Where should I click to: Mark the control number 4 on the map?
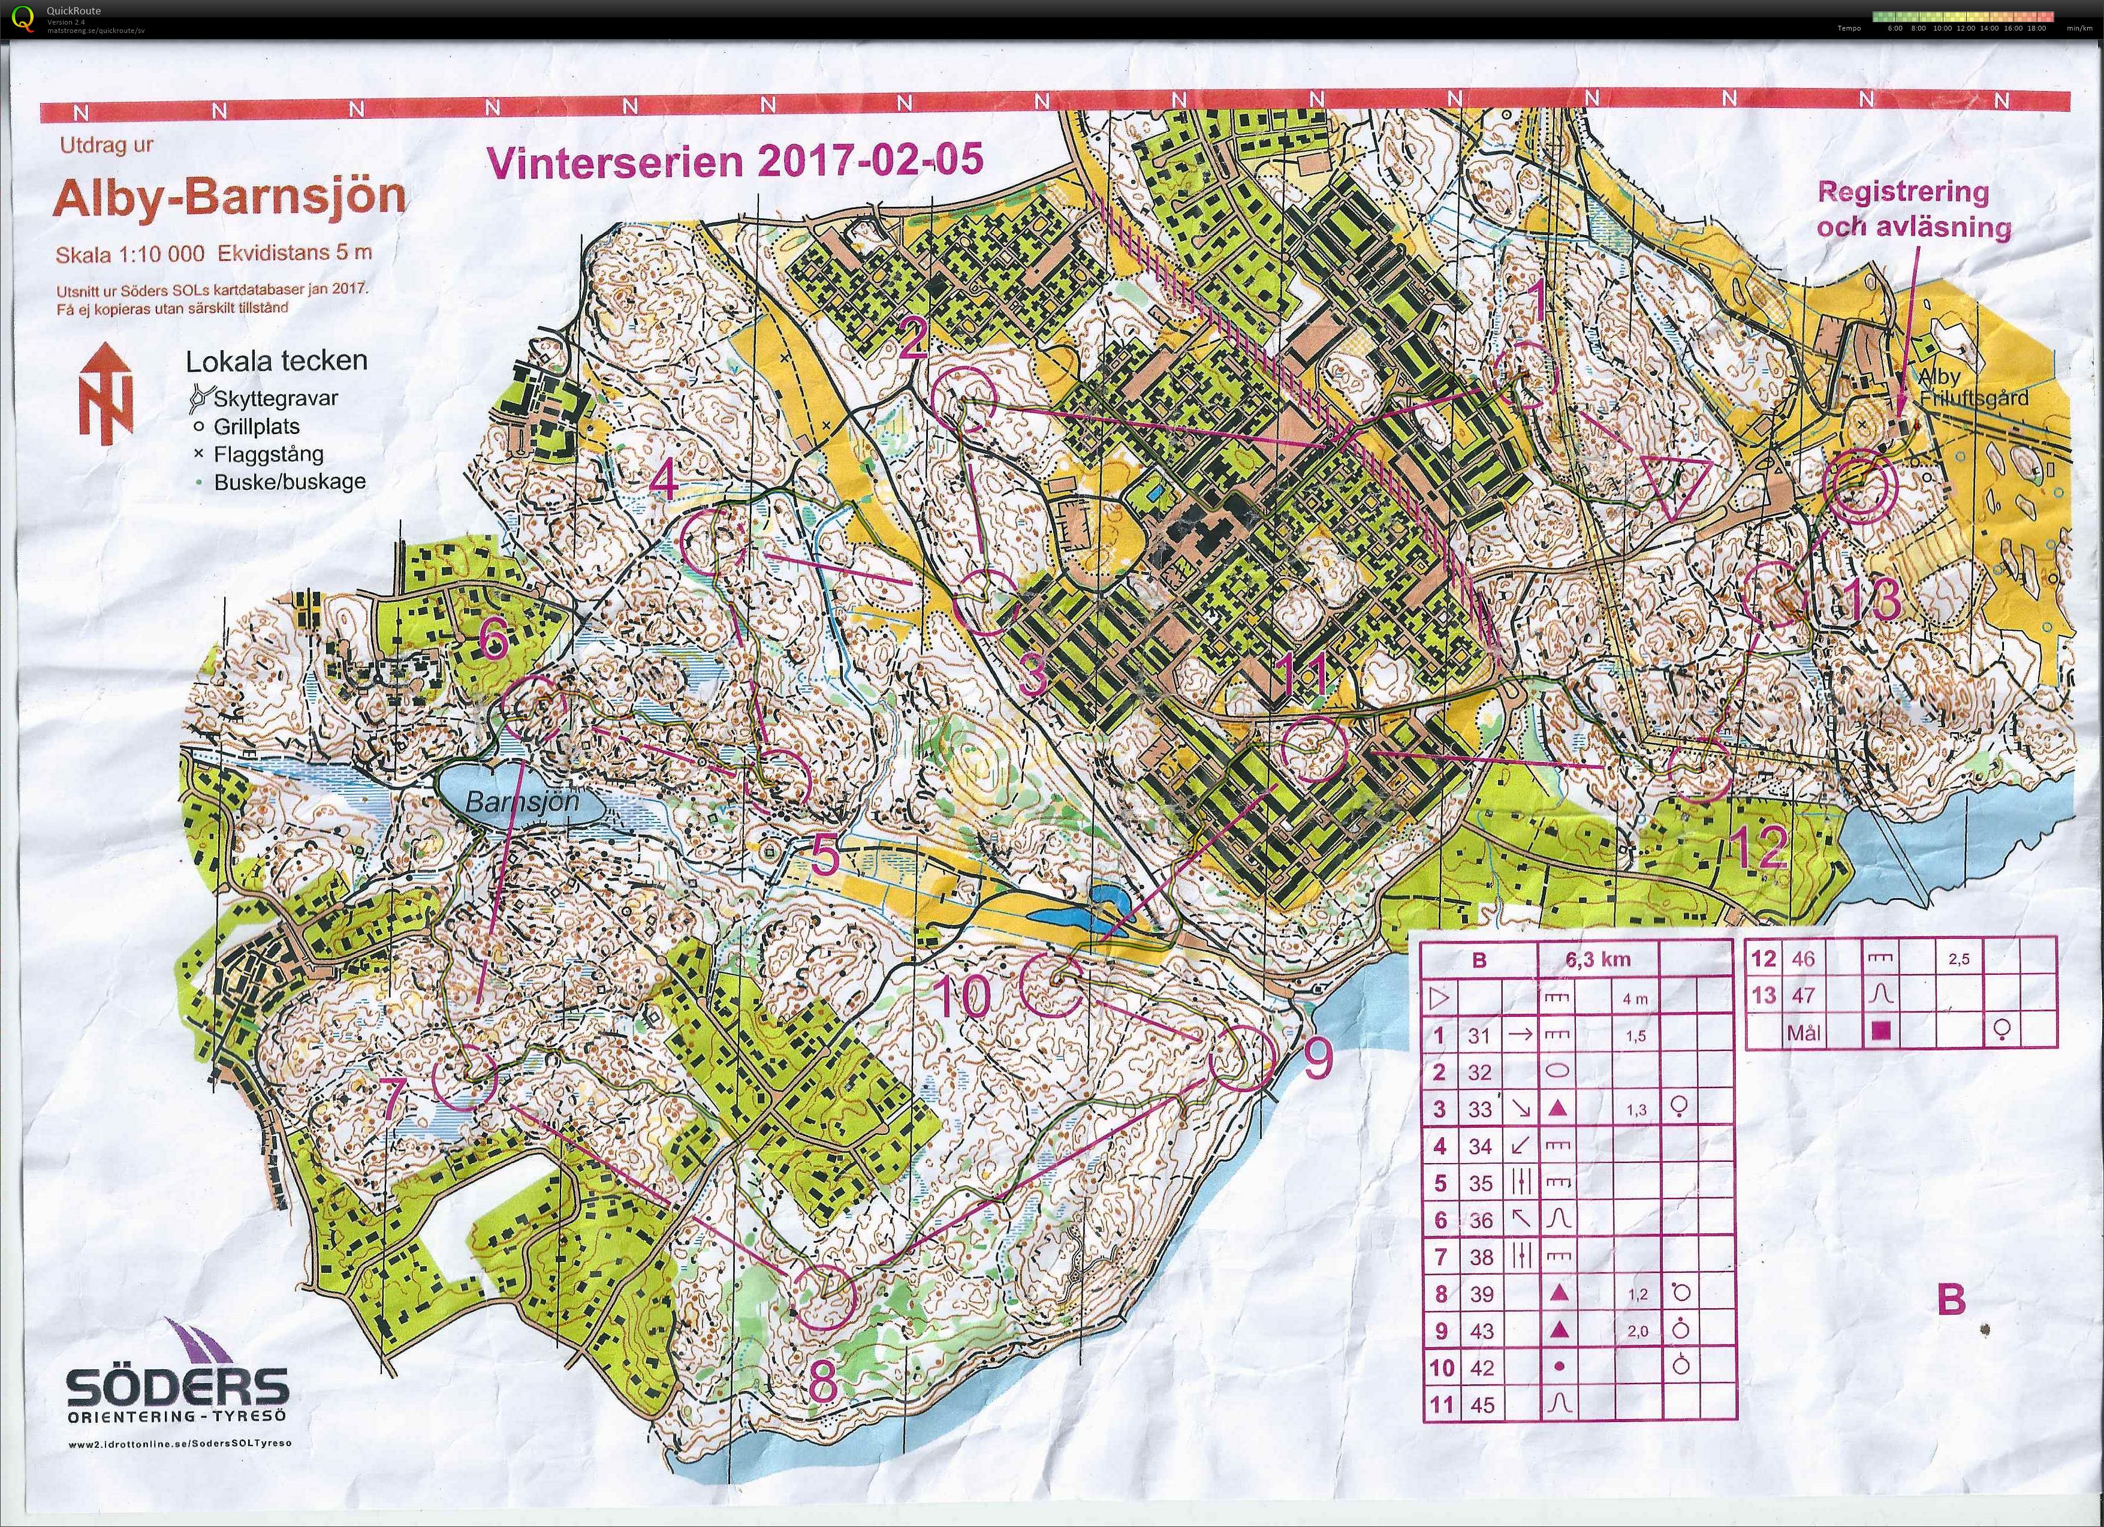664,480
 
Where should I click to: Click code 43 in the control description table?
1482,1330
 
